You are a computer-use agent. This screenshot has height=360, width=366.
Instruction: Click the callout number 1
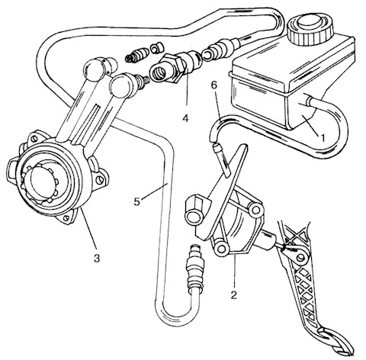(x=323, y=137)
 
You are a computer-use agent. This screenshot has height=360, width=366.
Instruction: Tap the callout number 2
(x=234, y=295)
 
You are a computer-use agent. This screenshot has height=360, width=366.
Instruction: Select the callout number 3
(x=97, y=259)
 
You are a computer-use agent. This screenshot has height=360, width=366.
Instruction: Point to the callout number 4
(x=186, y=118)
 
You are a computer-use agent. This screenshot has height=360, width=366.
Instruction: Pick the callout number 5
(x=137, y=202)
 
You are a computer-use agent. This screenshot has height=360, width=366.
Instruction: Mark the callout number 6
(x=214, y=85)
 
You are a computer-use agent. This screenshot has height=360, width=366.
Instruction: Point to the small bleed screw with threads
(x=135, y=56)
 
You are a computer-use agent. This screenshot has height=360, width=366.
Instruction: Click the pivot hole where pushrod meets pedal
(x=301, y=257)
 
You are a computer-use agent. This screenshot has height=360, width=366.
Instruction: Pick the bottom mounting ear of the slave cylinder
(x=66, y=217)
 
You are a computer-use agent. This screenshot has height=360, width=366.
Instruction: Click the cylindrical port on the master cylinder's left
(x=195, y=209)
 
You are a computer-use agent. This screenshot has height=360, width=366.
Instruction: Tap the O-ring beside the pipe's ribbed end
(x=207, y=55)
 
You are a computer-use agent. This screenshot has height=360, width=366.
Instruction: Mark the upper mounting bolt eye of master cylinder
(x=256, y=210)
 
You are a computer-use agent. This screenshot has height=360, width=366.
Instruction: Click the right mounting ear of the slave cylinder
(x=100, y=179)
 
